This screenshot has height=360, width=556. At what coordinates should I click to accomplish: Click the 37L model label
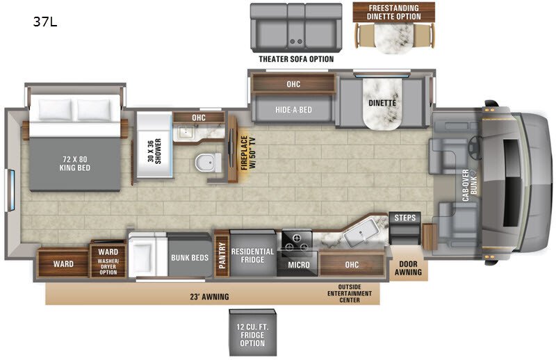click(x=45, y=22)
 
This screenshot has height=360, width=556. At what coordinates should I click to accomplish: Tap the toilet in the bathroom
click(x=208, y=163)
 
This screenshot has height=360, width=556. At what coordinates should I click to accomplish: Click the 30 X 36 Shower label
click(x=154, y=151)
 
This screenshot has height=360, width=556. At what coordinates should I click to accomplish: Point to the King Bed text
click(x=75, y=163)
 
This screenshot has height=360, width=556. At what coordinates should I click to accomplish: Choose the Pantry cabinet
click(x=222, y=253)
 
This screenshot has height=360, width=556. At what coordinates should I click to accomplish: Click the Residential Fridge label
click(x=252, y=255)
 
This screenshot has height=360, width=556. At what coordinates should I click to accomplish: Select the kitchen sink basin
click(x=362, y=233)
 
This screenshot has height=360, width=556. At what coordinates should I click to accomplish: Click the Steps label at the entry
click(x=404, y=218)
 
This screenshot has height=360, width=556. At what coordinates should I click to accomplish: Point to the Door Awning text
click(x=408, y=268)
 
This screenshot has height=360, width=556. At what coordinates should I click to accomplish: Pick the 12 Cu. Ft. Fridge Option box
click(x=252, y=332)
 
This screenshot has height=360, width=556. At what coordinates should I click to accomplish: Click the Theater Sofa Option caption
click(x=296, y=59)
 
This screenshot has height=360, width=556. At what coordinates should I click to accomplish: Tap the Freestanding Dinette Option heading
click(x=393, y=12)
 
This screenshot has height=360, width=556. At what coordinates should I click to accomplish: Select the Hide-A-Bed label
click(x=293, y=110)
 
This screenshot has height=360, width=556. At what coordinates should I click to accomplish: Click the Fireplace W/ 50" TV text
click(x=248, y=153)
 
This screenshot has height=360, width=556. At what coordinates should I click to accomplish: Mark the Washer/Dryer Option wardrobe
click(x=108, y=259)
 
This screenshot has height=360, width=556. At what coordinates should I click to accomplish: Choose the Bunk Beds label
click(x=190, y=258)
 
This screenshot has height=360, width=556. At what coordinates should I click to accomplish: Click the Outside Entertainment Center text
click(x=350, y=293)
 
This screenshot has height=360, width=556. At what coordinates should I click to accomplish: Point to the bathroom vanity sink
click(x=185, y=131)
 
